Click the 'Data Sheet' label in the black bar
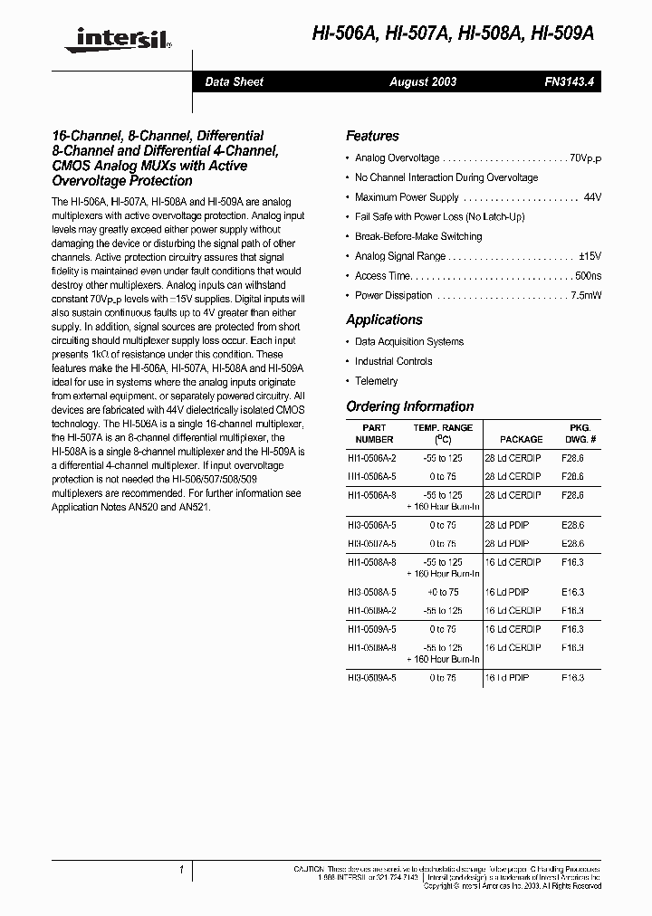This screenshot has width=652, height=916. tap(234, 81)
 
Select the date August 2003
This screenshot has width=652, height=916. tap(423, 81)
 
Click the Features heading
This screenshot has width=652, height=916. tap(372, 136)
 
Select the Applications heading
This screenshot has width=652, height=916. tap(384, 320)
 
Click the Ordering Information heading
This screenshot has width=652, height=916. tap(409, 406)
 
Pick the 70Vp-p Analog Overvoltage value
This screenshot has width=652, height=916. tap(585, 158)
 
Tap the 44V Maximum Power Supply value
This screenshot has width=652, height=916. tap(592, 197)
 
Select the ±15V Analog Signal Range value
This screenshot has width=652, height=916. tap(590, 256)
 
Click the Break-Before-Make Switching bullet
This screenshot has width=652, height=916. tap(418, 236)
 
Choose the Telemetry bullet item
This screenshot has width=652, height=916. tap(376, 381)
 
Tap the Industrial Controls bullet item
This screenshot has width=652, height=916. tap(394, 361)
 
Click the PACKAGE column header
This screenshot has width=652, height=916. tap(521, 439)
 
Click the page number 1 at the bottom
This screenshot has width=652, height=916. tap(182, 870)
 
